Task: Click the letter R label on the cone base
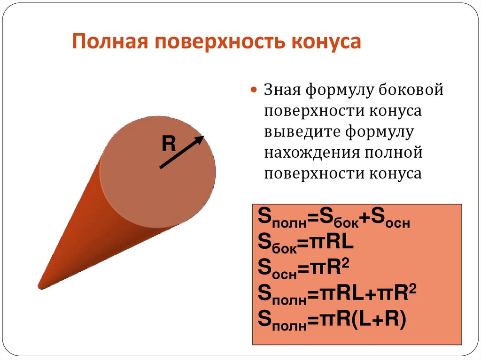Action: coord(168,144)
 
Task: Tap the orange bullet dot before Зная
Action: coord(254,90)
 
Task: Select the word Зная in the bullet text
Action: coord(282,89)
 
